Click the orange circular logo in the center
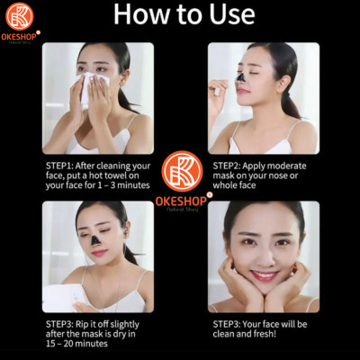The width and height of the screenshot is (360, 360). click(x=180, y=170)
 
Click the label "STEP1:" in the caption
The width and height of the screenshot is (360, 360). click(x=64, y=166)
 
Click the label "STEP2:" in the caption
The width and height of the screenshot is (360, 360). click(x=231, y=166)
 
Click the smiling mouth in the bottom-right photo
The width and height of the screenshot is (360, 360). click(x=263, y=275)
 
